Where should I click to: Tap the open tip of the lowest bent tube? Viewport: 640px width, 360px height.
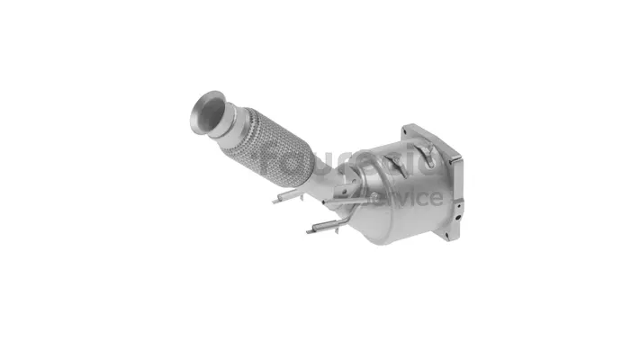(x=309, y=231)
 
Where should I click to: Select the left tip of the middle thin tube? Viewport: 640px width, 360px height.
(x=275, y=201)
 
